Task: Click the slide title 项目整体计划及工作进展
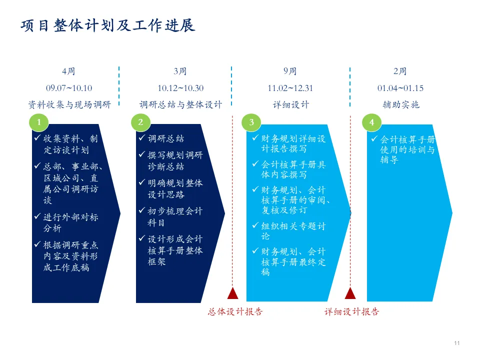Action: tap(107, 25)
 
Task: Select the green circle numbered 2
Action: tap(140, 122)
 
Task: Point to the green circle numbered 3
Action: tap(251, 122)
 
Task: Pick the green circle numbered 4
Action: tap(371, 122)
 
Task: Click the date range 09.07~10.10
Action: tap(69, 88)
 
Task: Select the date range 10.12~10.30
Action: tap(180, 88)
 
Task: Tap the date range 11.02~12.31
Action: tap(290, 88)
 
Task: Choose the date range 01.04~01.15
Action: tap(400, 88)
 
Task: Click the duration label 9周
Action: tap(290, 71)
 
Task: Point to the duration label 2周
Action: tap(400, 71)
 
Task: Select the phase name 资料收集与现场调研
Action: tap(69, 104)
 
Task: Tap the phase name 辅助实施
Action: tap(400, 104)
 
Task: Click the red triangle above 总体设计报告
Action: tap(232, 293)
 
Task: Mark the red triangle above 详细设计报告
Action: tap(350, 293)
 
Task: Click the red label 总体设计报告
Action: tap(235, 312)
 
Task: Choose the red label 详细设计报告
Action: tap(352, 312)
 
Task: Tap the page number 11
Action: tap(456, 343)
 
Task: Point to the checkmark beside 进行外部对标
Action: tap(37, 216)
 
